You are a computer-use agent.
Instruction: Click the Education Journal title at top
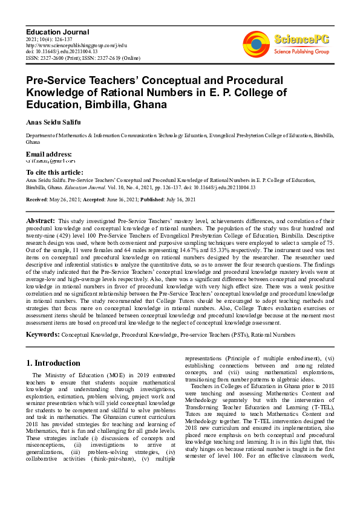coord(57,31)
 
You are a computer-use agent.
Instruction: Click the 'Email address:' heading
coord(49,154)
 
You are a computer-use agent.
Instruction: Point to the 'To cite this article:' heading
coord(55,172)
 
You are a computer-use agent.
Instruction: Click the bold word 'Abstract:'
coord(41,221)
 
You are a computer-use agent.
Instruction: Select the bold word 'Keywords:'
coord(43,334)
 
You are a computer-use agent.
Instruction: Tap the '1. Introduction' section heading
coord(54,363)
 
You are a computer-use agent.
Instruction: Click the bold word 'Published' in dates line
coord(152,199)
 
